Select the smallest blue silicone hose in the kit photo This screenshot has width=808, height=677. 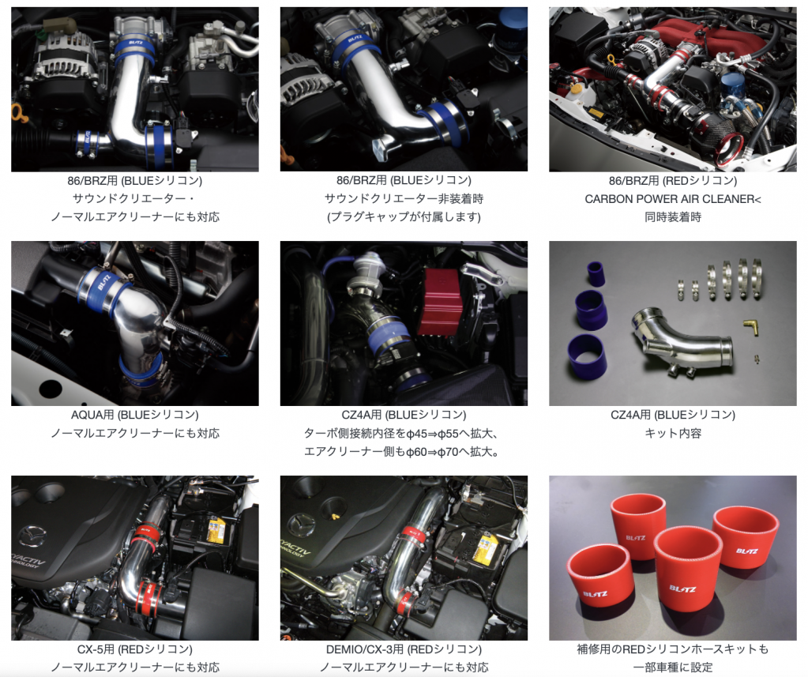[596, 273]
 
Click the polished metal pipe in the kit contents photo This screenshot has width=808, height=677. [681, 340]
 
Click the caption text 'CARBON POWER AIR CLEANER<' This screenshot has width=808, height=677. [672, 199]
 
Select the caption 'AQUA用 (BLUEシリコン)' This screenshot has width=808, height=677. [134, 415]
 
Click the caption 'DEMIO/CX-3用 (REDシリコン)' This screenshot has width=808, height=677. [404, 649]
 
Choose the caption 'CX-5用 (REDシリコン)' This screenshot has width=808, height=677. [134, 649]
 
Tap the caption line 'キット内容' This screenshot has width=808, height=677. [672, 434]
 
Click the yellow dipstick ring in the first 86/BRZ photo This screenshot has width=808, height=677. [18, 111]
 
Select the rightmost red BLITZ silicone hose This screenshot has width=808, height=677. [745, 536]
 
